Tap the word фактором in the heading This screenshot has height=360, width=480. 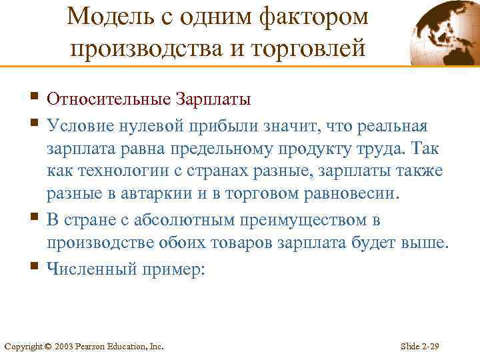click(313, 15)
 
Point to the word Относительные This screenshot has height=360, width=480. click(108, 99)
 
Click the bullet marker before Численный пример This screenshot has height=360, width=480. click(35, 267)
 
